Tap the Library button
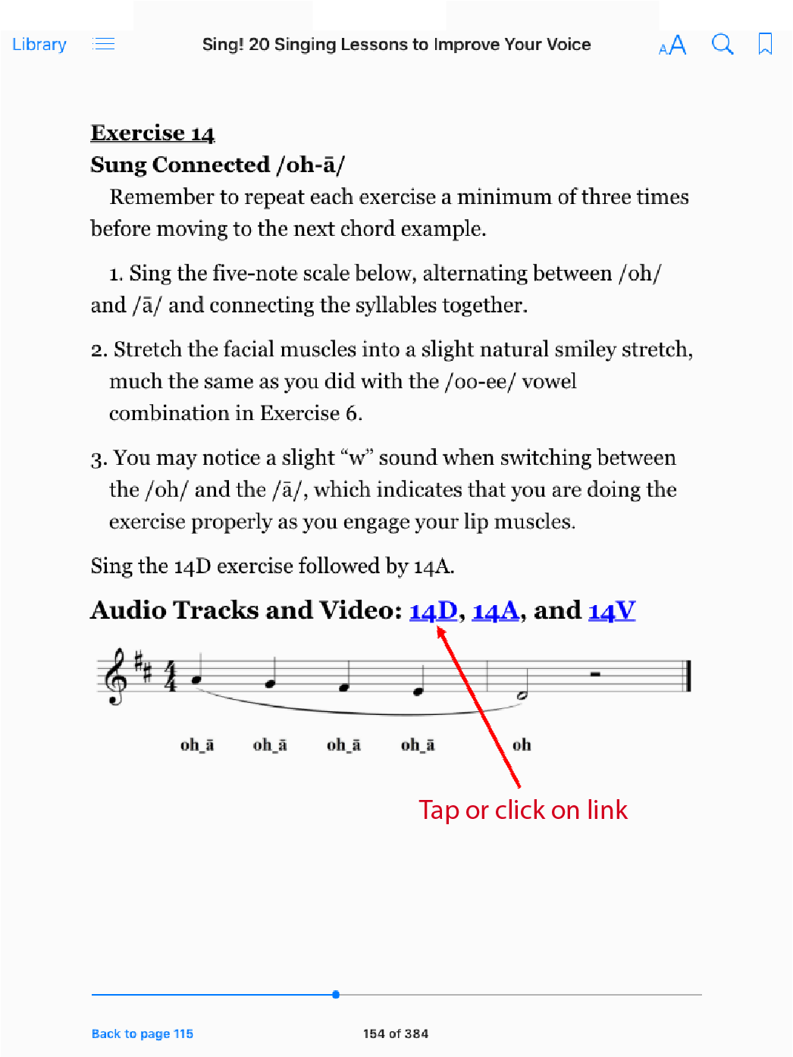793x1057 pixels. (x=39, y=45)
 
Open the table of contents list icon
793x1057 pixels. (x=104, y=44)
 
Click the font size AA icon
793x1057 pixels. (x=672, y=45)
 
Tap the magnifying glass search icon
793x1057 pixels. (x=722, y=45)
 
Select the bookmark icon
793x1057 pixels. (x=765, y=44)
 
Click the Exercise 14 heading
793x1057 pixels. (x=152, y=133)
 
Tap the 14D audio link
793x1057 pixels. (x=433, y=610)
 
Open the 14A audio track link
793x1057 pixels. (x=495, y=610)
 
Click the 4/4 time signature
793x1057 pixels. (x=171, y=676)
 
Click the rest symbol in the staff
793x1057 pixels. (x=596, y=673)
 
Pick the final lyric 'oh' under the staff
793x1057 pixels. (x=522, y=745)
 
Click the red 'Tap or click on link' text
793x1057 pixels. (x=523, y=810)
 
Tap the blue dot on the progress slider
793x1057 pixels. (x=336, y=994)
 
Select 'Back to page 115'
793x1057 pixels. (x=143, y=1033)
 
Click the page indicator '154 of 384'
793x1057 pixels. (x=396, y=1033)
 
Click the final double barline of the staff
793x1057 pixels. (x=688, y=676)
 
